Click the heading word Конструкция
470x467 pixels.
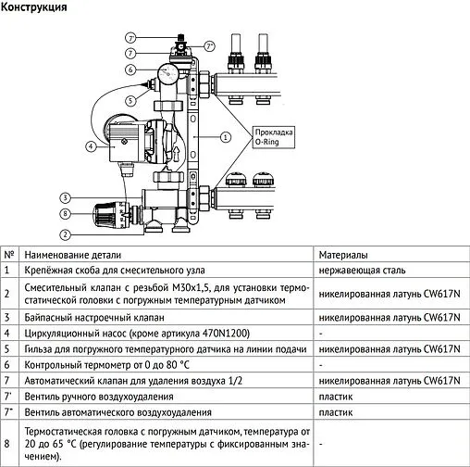(33, 9)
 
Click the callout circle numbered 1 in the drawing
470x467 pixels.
(225, 136)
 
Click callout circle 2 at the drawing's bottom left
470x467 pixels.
(64, 233)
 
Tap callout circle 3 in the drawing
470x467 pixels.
(64, 197)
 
